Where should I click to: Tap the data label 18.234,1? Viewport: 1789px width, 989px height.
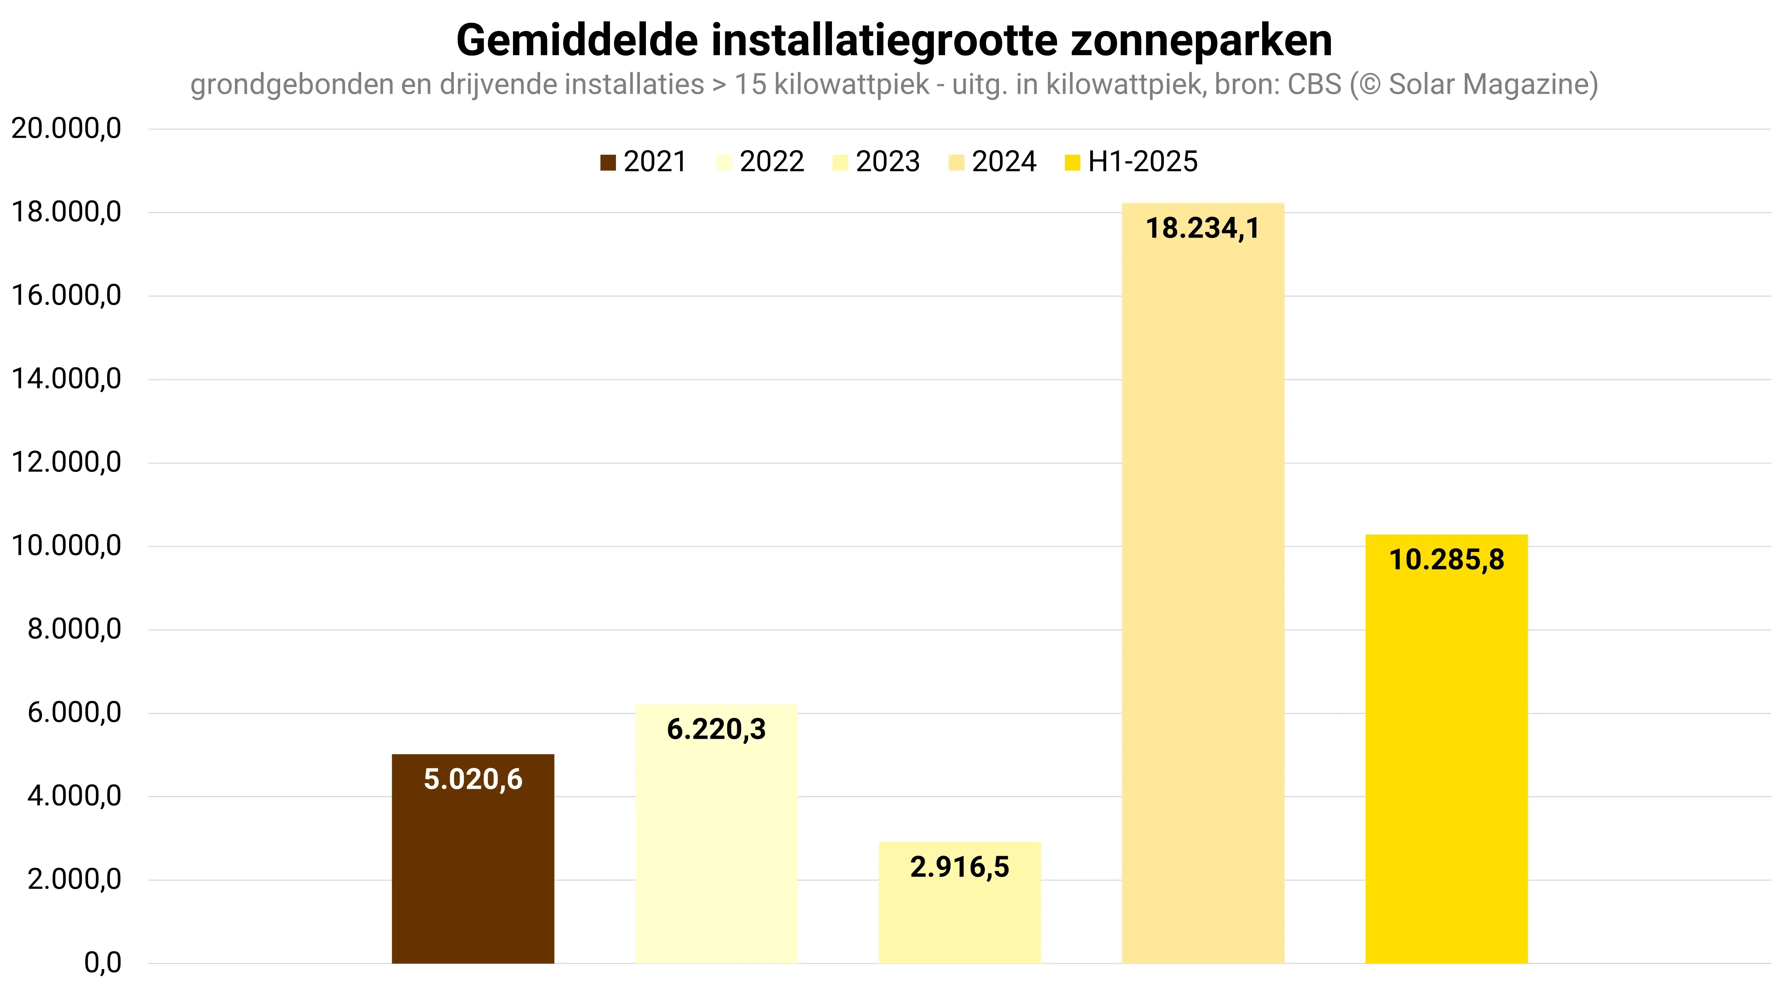click(1203, 228)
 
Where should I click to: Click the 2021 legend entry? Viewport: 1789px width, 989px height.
click(643, 162)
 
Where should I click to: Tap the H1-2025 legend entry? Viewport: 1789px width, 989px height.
click(1131, 162)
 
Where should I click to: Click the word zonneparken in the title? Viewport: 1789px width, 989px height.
click(1202, 40)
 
